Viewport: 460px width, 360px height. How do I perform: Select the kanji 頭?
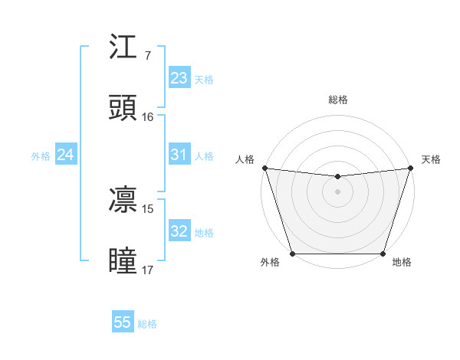point(123,108)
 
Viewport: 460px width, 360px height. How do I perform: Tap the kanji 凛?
point(123,200)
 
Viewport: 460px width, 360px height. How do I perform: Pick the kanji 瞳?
point(123,260)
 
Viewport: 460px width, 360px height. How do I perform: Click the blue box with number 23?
point(179,78)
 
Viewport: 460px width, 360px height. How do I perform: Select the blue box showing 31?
point(179,155)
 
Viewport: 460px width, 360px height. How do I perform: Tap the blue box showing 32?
point(179,231)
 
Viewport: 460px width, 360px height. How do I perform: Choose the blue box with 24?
point(65,155)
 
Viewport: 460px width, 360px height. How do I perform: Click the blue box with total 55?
point(123,322)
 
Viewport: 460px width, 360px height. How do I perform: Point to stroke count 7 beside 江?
point(147,56)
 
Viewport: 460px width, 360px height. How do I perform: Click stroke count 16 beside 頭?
point(147,117)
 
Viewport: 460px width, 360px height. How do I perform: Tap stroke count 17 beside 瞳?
point(147,270)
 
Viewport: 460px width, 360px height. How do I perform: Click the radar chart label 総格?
point(338,100)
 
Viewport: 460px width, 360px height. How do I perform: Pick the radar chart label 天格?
point(431,159)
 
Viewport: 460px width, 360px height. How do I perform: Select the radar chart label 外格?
point(270,263)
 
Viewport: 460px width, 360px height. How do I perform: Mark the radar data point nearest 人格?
point(264,168)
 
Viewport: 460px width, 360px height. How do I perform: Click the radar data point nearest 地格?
point(383,254)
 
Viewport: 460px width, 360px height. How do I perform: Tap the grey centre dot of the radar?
point(337,191)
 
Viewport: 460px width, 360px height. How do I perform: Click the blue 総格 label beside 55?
point(147,324)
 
